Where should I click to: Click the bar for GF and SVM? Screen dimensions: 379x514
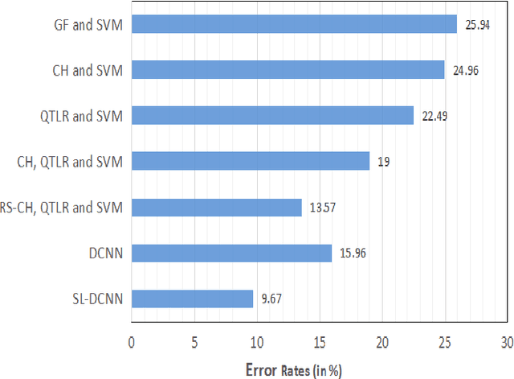tap(294, 24)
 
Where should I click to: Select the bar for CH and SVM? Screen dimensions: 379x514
tap(288, 70)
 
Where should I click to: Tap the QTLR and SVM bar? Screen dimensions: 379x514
tap(272, 116)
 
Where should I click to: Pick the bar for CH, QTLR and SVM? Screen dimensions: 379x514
tap(250, 162)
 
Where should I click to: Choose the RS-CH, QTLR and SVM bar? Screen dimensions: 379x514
tap(216, 208)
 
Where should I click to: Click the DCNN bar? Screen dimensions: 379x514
tap(231, 253)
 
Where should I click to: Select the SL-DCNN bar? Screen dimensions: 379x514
tap(192, 299)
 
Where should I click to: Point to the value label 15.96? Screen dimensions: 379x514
tap(351, 254)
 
